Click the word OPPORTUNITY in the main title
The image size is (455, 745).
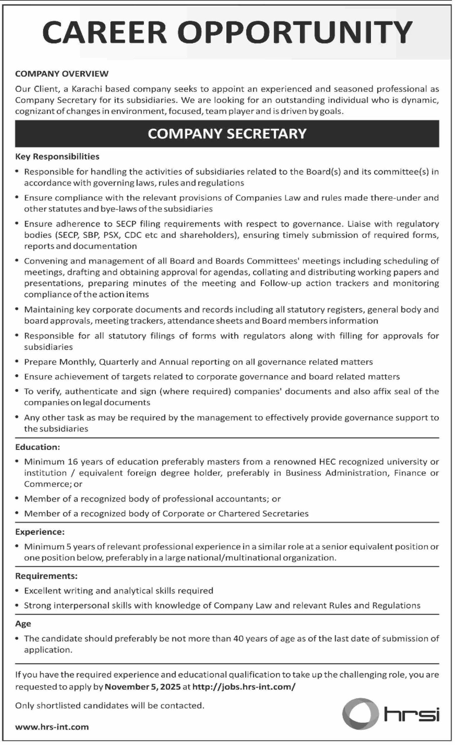[295, 33]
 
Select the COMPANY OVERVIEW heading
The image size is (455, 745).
[62, 74]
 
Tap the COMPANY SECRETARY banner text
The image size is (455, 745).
[227, 134]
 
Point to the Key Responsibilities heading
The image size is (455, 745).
[57, 157]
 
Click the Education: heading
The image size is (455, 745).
[38, 447]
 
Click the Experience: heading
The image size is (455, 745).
[40, 532]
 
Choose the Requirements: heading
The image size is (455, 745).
[47, 576]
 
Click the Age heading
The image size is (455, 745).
[23, 624]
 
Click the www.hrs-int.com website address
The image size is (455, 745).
[52, 727]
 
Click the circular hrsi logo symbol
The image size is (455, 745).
[360, 714]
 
